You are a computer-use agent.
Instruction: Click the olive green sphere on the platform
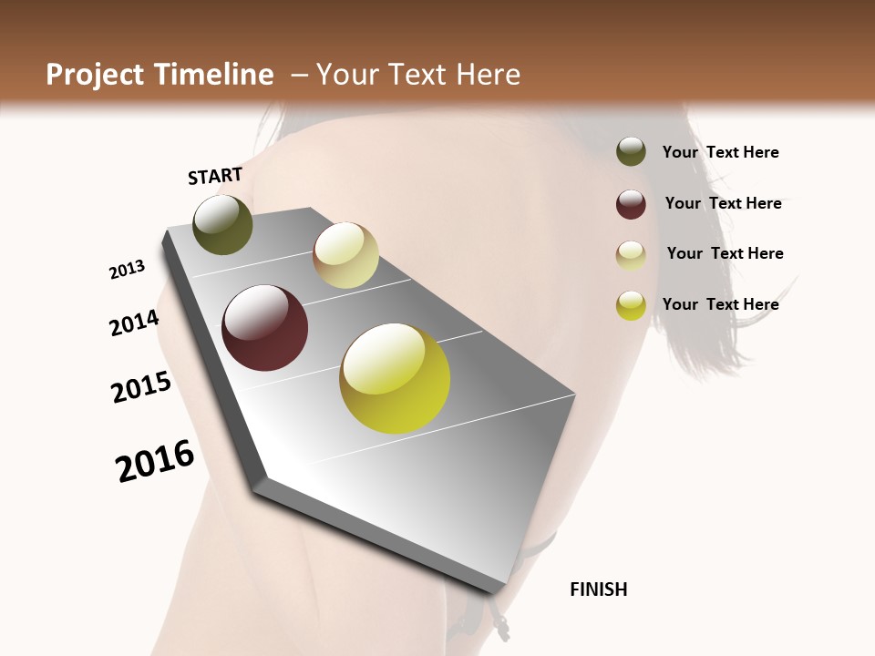223,224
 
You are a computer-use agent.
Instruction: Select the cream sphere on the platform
345,255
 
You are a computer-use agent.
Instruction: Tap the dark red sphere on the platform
265,328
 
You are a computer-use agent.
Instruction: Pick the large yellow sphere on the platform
395,378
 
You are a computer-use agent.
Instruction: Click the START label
215,176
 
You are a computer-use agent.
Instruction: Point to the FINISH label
599,589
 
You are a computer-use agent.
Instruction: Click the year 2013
128,270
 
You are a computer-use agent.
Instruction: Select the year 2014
135,323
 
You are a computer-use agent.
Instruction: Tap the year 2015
141,387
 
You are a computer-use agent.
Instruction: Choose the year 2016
155,461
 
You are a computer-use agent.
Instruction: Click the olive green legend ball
631,151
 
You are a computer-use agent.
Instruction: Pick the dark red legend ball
631,204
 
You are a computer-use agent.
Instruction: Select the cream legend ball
631,255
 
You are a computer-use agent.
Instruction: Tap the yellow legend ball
631,305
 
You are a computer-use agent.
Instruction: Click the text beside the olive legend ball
720,152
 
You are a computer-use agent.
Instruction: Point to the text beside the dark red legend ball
723,203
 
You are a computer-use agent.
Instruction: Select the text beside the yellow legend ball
720,304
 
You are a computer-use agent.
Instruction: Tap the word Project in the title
95,75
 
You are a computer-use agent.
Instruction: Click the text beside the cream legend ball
725,253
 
